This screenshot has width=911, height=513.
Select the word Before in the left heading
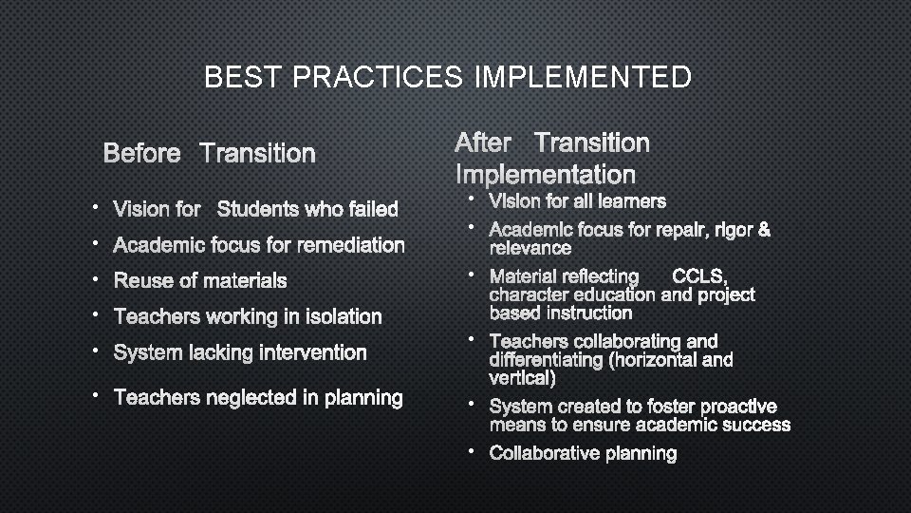click(x=141, y=153)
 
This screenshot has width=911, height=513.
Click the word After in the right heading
click(x=483, y=143)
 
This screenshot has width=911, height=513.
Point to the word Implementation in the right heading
click(x=545, y=175)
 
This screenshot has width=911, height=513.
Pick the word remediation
click(x=350, y=245)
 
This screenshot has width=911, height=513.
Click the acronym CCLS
click(x=698, y=276)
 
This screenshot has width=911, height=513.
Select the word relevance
click(x=530, y=249)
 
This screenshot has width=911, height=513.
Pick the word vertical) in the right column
click(x=522, y=378)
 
